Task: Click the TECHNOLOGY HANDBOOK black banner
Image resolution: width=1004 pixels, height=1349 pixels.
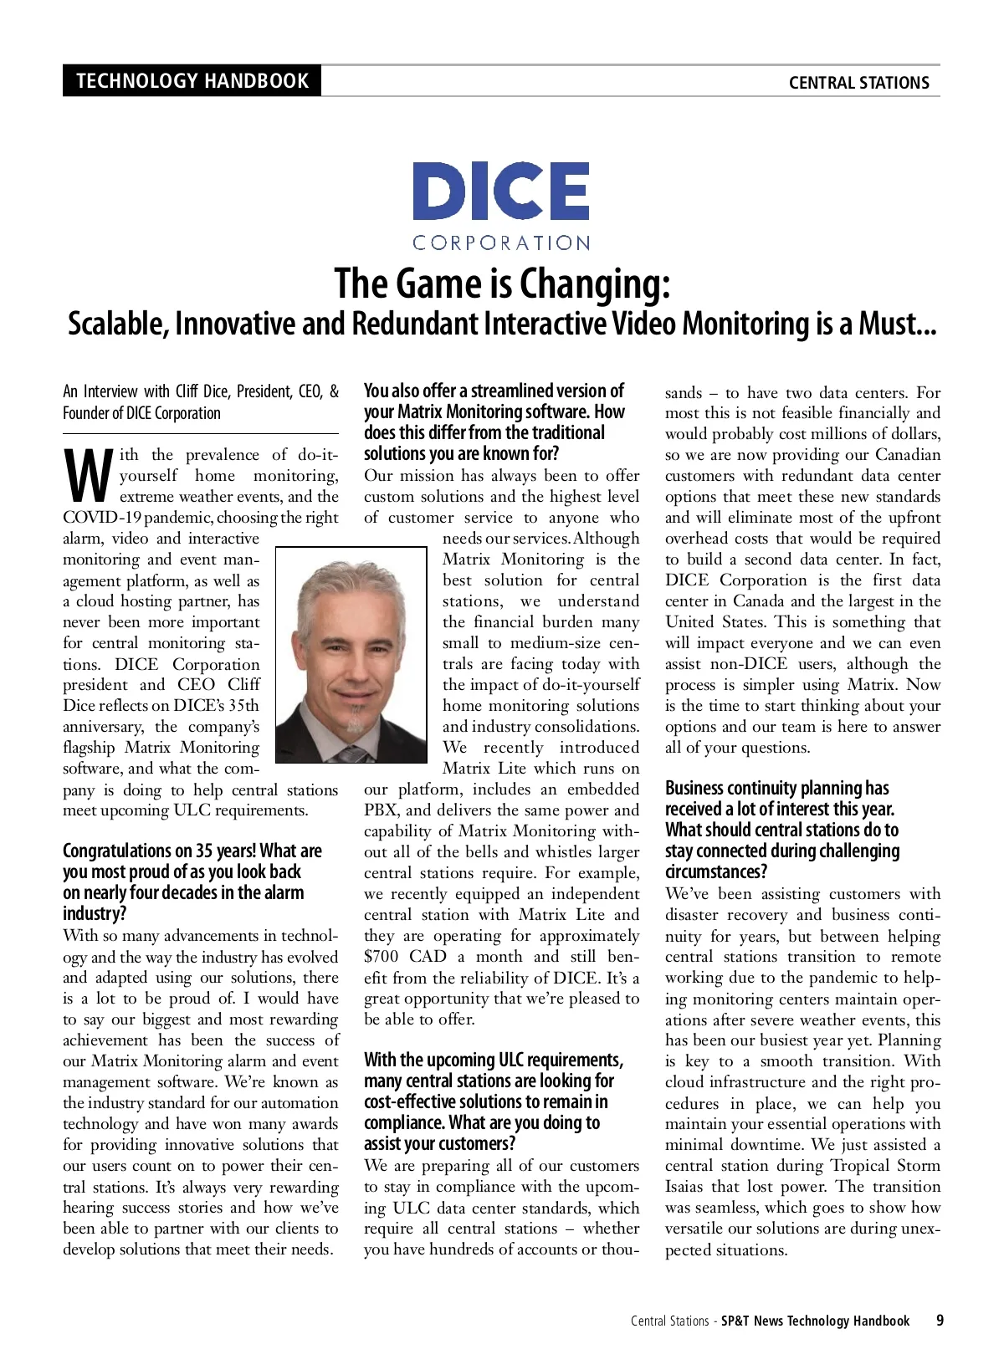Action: click(192, 81)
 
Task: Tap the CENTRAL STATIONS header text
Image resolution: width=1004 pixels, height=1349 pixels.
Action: click(858, 83)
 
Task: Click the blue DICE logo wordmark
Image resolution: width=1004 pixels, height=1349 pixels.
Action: click(500, 192)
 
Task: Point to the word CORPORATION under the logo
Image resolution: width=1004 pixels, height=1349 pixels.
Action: click(500, 243)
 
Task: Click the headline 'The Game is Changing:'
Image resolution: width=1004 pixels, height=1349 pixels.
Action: click(502, 284)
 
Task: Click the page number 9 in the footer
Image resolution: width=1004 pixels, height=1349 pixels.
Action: click(940, 1321)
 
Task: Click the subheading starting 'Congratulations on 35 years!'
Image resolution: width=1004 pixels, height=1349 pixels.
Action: click(192, 851)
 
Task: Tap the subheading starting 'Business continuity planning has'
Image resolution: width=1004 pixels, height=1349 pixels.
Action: click(776, 789)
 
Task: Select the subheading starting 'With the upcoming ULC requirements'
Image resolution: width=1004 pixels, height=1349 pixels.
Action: click(493, 1060)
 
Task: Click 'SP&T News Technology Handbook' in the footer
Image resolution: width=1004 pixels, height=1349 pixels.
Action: click(817, 1321)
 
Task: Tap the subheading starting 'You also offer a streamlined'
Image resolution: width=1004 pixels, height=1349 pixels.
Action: click(494, 391)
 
